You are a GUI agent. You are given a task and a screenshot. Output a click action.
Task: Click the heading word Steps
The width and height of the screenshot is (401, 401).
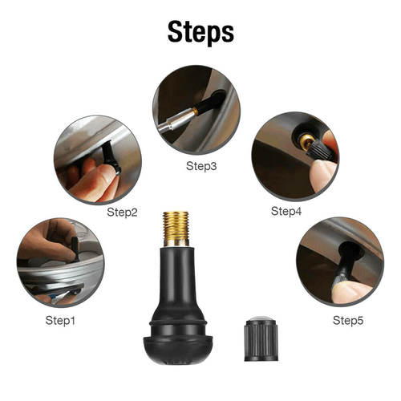click(200, 31)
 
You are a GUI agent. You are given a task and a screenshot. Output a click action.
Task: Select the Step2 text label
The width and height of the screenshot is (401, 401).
click(123, 213)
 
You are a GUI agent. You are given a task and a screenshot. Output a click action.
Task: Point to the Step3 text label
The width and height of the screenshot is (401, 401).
click(201, 167)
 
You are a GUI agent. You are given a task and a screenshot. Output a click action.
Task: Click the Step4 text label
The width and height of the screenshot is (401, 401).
click(286, 211)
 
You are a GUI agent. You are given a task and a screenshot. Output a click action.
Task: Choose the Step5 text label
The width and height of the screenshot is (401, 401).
click(347, 320)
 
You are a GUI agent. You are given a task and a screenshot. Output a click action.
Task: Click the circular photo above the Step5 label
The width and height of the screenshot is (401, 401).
click(339, 261)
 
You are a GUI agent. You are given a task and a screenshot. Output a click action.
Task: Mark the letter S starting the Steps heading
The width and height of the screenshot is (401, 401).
click(176, 31)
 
